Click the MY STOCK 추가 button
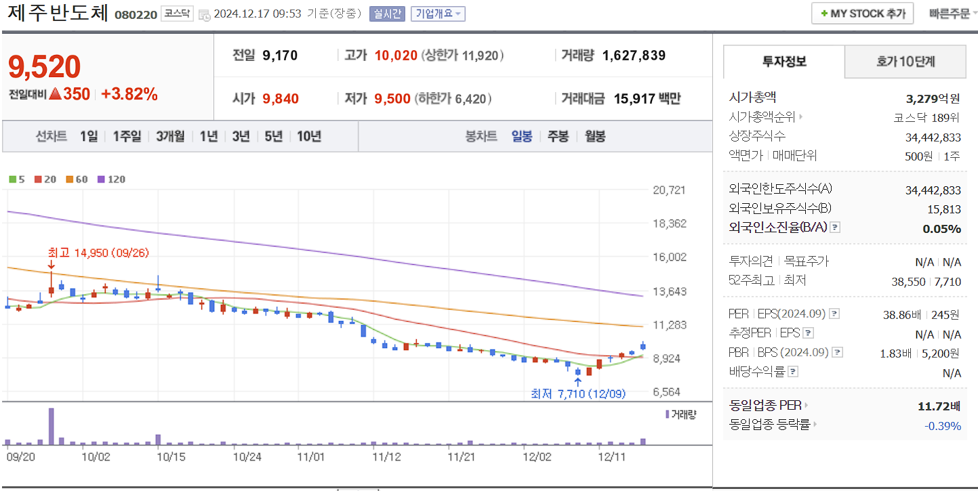[x=862, y=14]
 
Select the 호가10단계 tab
[x=905, y=62]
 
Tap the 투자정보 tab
[x=784, y=62]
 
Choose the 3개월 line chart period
[x=170, y=136]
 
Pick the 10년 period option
[x=308, y=136]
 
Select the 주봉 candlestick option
[x=558, y=136]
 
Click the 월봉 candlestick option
[x=594, y=136]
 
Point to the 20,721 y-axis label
[x=669, y=190]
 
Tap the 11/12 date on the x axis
[x=387, y=457]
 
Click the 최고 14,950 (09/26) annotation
[x=98, y=253]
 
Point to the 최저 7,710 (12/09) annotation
[x=578, y=393]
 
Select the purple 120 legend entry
[x=112, y=179]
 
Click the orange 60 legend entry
[x=77, y=179]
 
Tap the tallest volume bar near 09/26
[x=52, y=427]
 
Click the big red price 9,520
[x=45, y=67]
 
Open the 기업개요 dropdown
[x=438, y=14]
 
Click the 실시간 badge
[x=387, y=14]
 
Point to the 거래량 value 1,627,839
[x=634, y=56]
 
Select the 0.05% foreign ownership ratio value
[x=941, y=228]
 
